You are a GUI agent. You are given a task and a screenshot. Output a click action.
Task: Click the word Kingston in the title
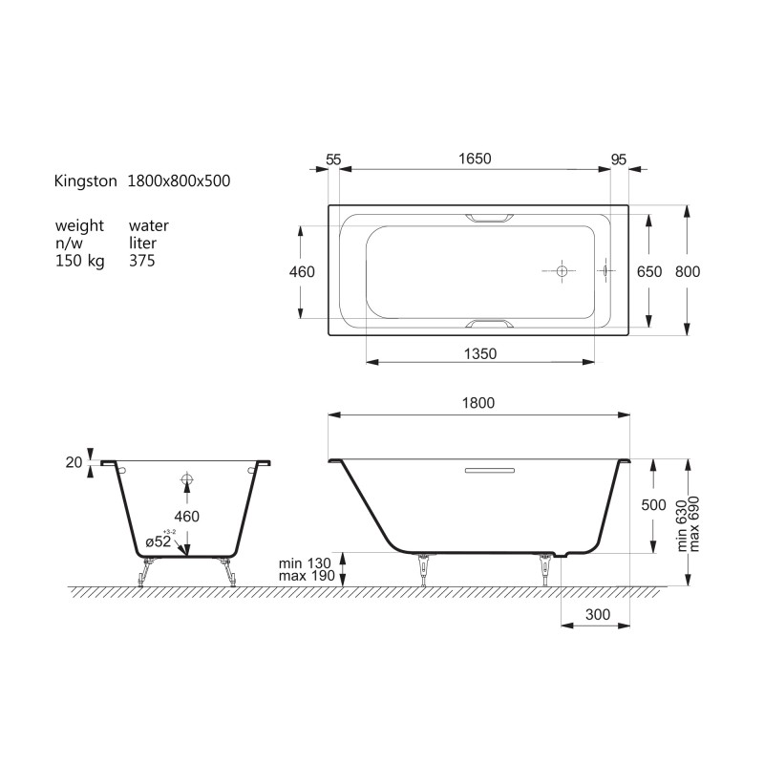(85, 181)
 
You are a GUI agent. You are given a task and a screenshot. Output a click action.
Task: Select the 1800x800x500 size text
(179, 180)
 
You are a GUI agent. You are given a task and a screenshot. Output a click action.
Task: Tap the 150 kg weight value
(80, 261)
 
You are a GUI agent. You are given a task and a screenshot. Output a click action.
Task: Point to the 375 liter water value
(141, 261)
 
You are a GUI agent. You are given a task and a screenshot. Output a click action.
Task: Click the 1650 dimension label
(475, 159)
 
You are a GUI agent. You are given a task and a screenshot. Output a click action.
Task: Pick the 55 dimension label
(333, 159)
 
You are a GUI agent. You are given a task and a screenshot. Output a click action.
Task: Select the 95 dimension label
(618, 159)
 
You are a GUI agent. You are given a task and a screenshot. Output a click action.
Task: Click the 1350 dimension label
(480, 353)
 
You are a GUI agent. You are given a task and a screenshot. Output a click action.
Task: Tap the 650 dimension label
(649, 271)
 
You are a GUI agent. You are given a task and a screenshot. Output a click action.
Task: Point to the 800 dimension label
(687, 271)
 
